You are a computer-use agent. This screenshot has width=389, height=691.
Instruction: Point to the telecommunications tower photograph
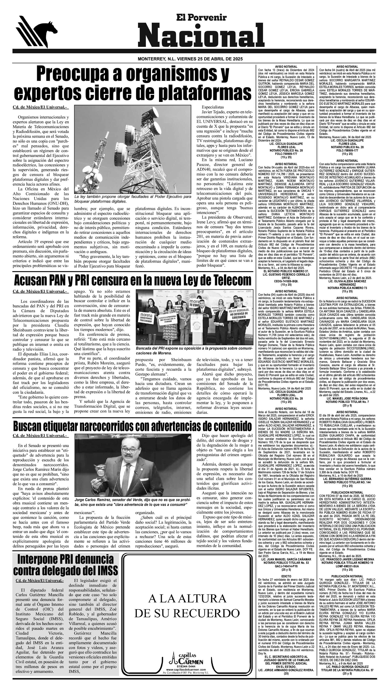click(133, 149)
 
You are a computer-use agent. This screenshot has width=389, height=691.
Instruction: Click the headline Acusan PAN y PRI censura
click(133, 281)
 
